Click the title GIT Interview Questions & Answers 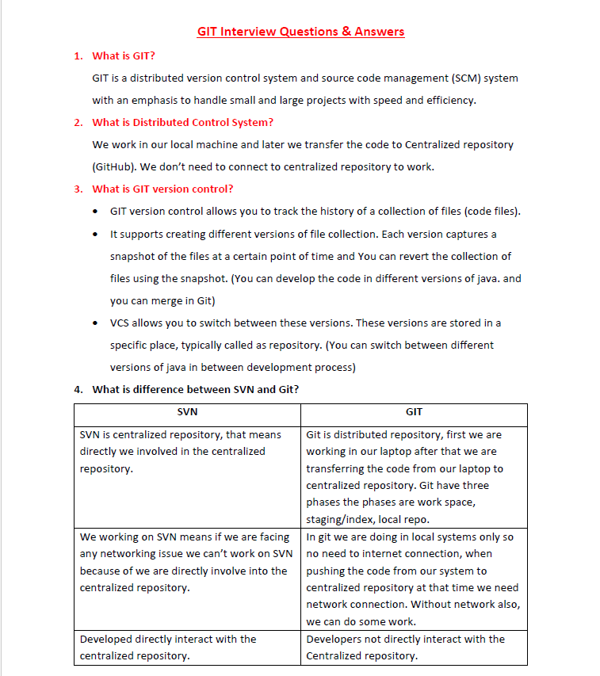pos(300,32)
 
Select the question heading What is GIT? pos(124,55)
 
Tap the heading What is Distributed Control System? pos(182,122)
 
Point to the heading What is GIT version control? pos(162,189)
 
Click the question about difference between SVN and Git pos(195,389)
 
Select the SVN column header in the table pos(187,412)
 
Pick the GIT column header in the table pos(414,412)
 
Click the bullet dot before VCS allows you pos(96,323)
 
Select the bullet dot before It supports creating pos(96,235)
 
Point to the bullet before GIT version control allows pos(96,212)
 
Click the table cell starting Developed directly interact pos(168,639)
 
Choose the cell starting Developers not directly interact pos(405,639)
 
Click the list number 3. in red pos(78,189)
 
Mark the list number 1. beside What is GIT pos(78,55)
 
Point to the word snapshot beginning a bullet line pos(132,257)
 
